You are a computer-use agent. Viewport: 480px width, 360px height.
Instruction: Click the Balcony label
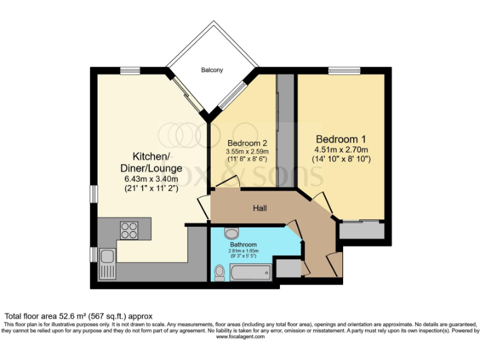[212, 70]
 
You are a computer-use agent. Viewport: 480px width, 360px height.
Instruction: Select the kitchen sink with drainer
[107, 262]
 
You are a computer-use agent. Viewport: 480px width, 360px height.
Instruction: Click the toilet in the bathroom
[219, 272]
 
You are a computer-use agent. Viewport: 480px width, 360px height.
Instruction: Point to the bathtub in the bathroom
[250, 272]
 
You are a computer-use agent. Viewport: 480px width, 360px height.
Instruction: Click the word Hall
[261, 207]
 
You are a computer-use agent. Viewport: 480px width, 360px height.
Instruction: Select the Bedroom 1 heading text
[341, 139]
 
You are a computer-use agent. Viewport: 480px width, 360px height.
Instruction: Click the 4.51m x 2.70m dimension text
[341, 149]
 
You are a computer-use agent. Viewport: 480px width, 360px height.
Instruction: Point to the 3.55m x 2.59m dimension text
[246, 151]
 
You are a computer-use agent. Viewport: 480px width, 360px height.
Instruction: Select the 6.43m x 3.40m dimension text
[151, 178]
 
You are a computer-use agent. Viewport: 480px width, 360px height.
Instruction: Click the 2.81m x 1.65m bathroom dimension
[243, 251]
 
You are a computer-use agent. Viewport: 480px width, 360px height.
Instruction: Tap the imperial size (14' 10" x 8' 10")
[341, 159]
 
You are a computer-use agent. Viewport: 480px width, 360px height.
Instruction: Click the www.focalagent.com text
[240, 337]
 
